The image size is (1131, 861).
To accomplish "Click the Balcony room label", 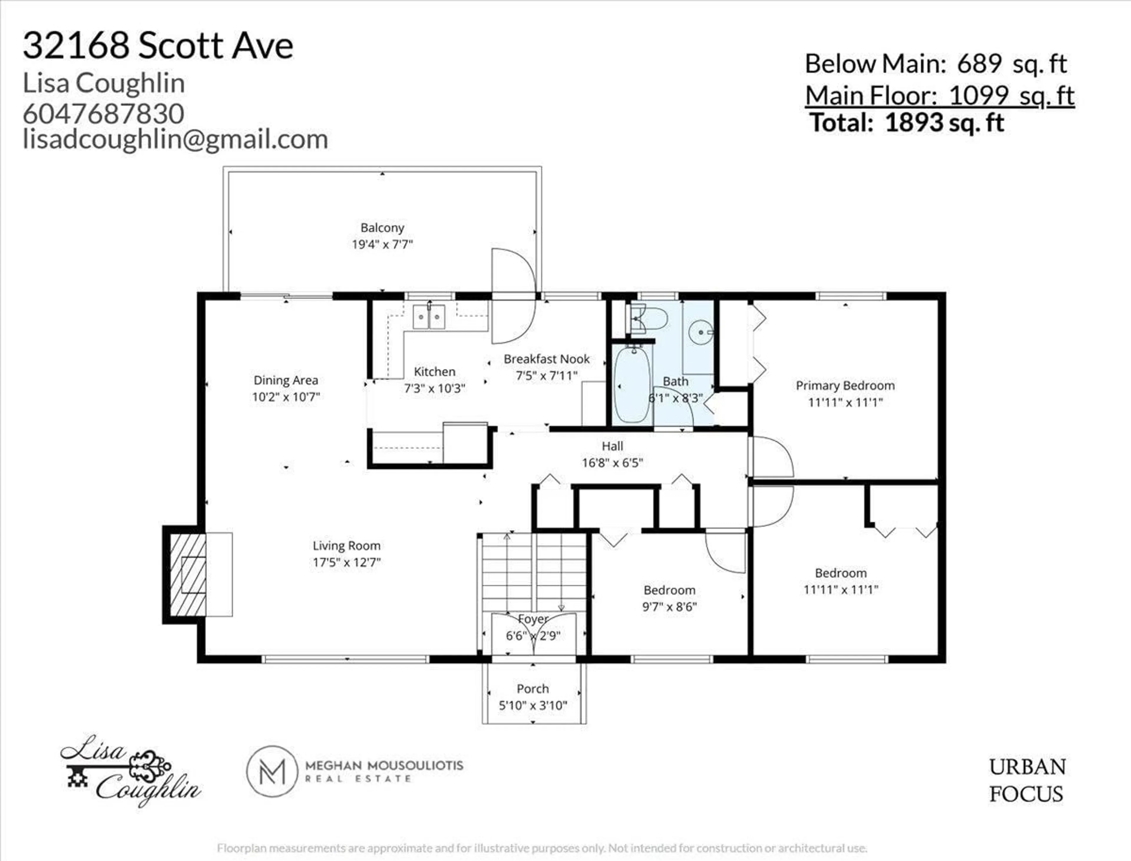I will tap(382, 228).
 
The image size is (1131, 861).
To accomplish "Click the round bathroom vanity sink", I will tap(700, 332).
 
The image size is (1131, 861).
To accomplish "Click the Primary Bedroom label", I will tap(845, 385).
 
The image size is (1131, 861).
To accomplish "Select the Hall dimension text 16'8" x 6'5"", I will tap(612, 463).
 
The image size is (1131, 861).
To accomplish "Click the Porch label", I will tap(533, 688).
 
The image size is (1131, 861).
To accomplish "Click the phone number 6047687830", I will tap(104, 113).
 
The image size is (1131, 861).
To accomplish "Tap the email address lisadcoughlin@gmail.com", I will tap(175, 140).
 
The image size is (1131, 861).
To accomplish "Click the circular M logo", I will tap(272, 771).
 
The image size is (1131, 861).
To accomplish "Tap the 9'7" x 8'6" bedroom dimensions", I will tap(669, 607).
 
